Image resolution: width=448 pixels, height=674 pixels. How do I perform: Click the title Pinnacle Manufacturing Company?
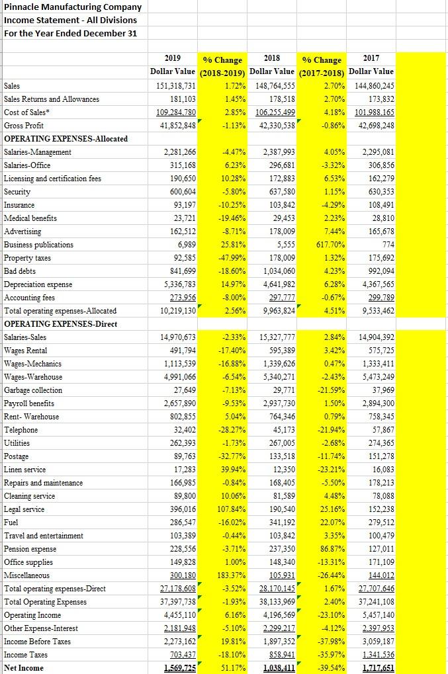click(73, 7)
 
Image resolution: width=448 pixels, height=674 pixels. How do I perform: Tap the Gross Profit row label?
click(24, 126)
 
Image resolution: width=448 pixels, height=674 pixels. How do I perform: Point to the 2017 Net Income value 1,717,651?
click(375, 668)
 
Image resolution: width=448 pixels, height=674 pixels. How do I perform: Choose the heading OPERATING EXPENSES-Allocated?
click(66, 139)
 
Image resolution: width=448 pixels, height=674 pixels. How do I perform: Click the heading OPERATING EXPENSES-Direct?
click(61, 324)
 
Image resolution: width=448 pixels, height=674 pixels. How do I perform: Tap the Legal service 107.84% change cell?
click(230, 509)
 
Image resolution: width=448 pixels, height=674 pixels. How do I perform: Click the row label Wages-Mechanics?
click(33, 364)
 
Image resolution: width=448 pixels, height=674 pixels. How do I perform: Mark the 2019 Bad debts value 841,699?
click(179, 271)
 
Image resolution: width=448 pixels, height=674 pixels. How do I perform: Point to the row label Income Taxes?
click(27, 655)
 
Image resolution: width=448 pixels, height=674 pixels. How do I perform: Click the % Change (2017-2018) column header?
click(322, 65)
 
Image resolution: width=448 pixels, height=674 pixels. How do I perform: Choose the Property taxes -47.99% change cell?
click(230, 258)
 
